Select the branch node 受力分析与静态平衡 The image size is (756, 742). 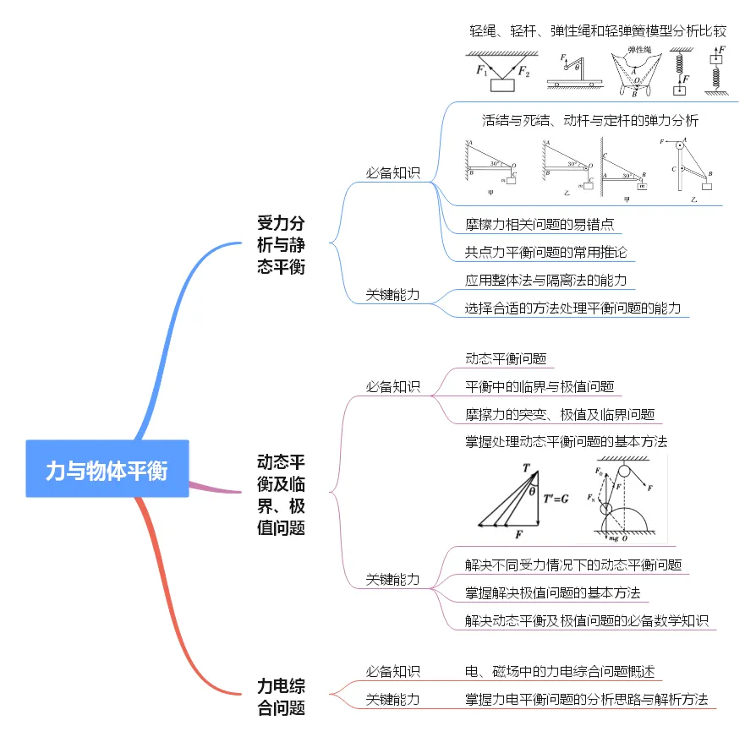281,245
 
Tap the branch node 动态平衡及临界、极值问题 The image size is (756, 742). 281,494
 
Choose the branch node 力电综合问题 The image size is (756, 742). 281,697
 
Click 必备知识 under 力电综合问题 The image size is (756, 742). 392,672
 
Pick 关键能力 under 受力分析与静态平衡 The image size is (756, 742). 392,295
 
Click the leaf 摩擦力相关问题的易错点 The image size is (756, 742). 539,225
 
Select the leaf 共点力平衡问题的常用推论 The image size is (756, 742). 545,252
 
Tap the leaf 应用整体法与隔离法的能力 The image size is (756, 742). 545,280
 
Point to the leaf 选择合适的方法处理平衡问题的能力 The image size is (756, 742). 572,308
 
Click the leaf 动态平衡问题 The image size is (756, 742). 506,358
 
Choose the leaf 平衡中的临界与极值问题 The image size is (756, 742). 539,386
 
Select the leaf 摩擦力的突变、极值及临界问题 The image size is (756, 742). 560,414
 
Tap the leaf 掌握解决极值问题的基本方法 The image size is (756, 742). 552,592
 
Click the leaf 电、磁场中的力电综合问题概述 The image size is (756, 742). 560,672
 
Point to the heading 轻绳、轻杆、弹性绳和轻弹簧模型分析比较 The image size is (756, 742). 598,31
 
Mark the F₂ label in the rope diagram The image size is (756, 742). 524,71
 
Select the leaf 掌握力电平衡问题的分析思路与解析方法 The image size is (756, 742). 586,700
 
